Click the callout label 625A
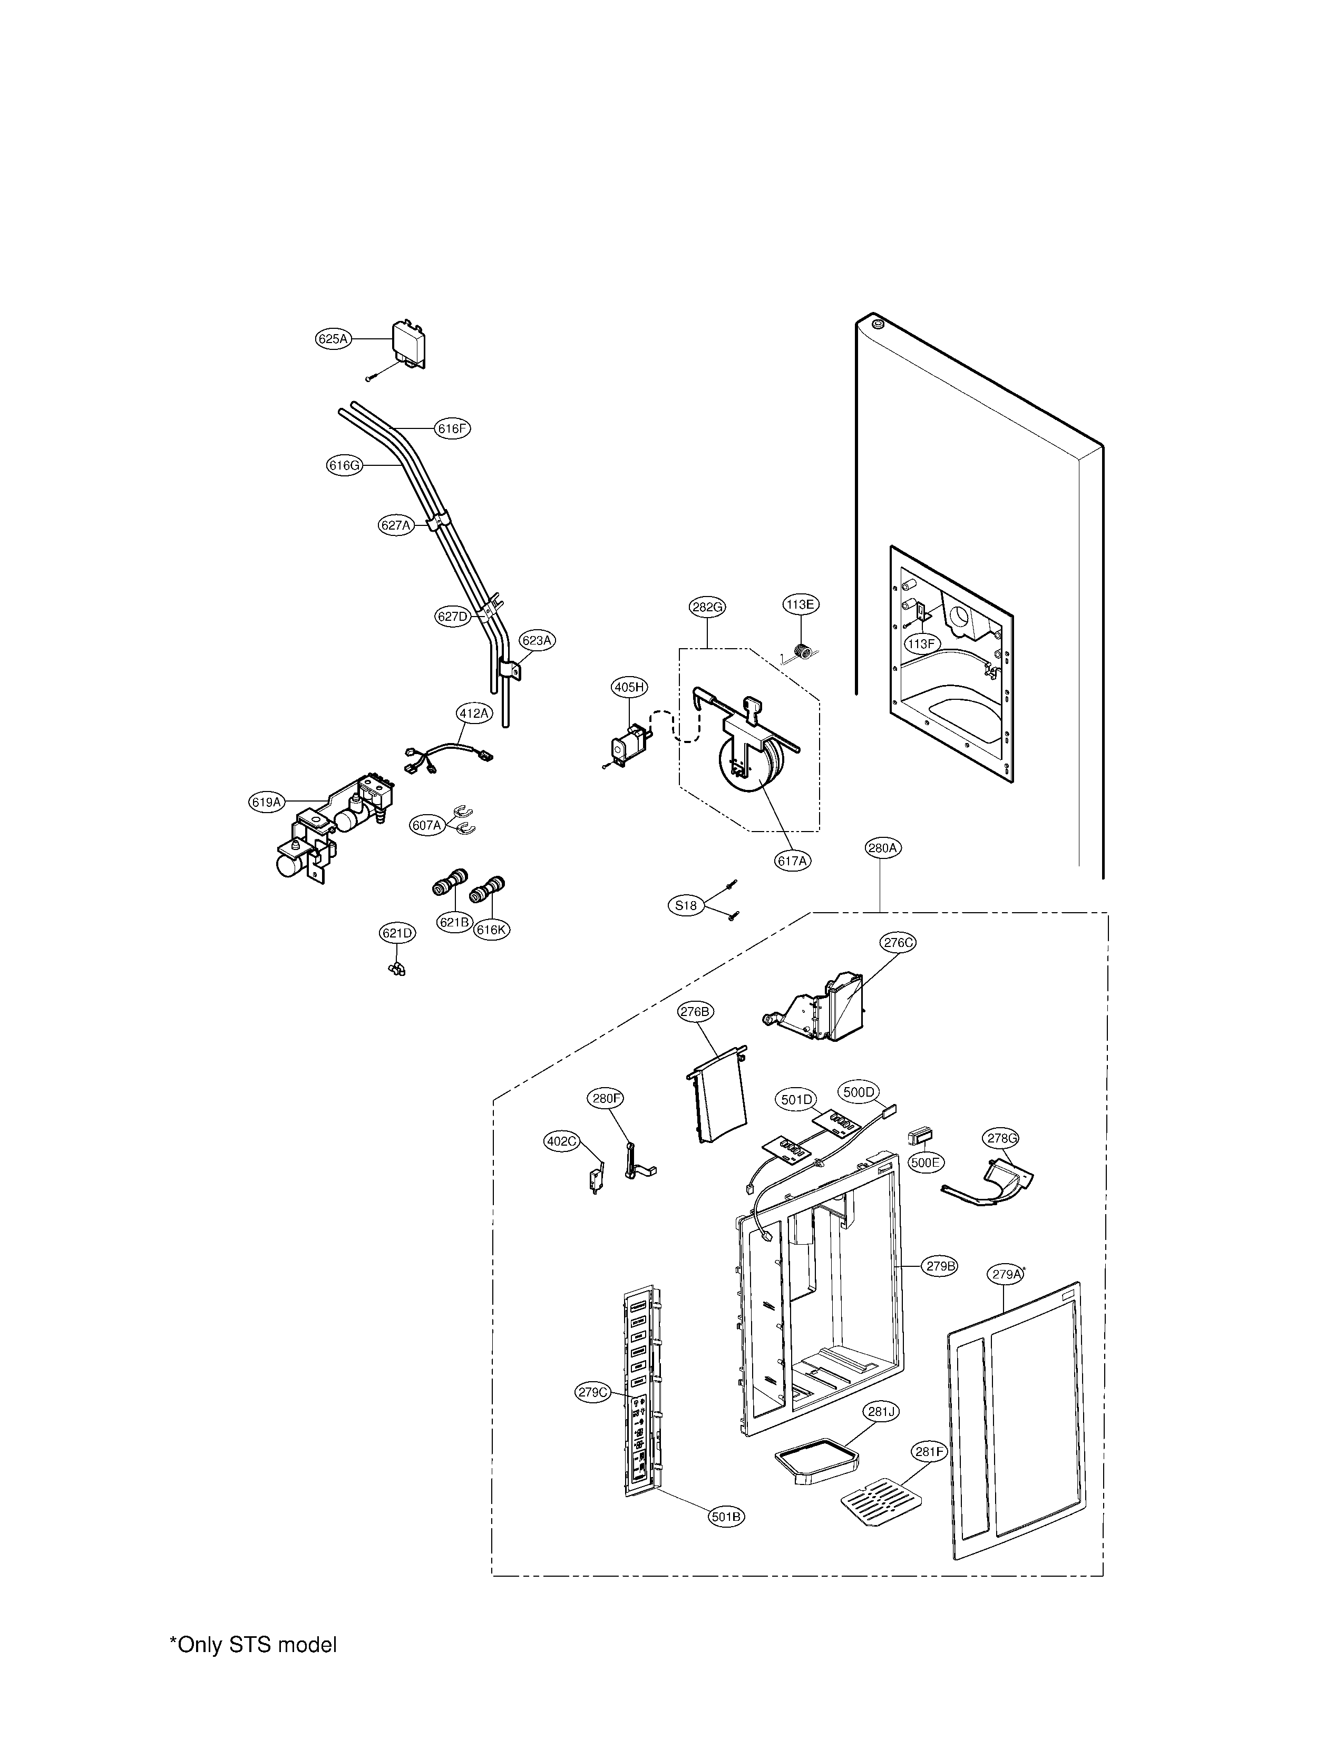pyautogui.click(x=333, y=339)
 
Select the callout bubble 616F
pyautogui.click(x=452, y=428)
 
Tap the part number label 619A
pyautogui.click(x=267, y=803)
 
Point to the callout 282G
pyautogui.click(x=707, y=607)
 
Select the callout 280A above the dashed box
pyautogui.click(x=883, y=849)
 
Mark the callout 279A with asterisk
pyautogui.click(x=1006, y=1275)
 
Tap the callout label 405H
pyautogui.click(x=629, y=687)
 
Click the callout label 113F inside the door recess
pyautogui.click(x=921, y=643)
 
